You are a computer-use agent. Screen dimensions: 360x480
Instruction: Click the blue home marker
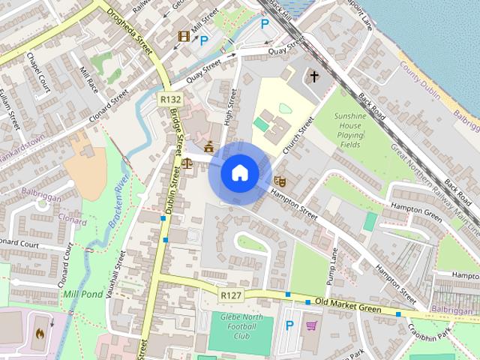point(239,173)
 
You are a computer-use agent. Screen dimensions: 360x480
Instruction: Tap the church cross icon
point(314,76)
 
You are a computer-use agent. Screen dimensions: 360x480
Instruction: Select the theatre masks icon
point(280,181)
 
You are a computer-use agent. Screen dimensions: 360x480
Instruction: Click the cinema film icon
point(184,36)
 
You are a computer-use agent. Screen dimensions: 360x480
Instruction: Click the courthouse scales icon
point(185,161)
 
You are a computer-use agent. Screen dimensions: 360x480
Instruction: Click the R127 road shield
point(230,296)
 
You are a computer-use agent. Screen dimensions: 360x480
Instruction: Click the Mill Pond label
point(82,294)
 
